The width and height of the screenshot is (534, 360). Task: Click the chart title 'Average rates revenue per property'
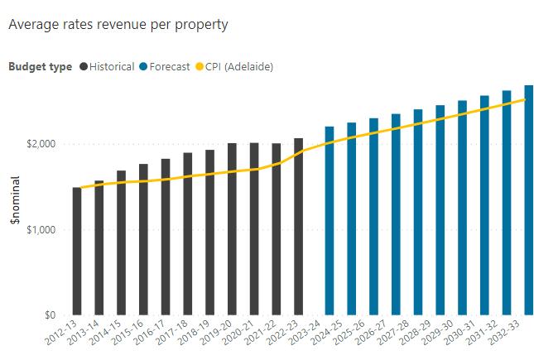tap(118, 25)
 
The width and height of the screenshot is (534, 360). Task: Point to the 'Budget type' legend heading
tap(41, 66)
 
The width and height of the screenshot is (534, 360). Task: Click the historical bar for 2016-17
tap(166, 237)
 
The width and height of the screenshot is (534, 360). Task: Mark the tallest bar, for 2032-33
tap(528, 199)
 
